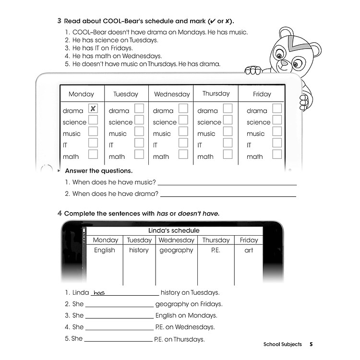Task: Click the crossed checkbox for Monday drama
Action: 93,109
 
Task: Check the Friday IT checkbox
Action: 277,143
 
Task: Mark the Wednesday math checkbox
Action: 183,155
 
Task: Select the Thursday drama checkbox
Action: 228,109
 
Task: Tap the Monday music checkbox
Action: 93,132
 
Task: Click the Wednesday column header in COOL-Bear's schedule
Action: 172,94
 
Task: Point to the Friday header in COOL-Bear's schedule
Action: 262,94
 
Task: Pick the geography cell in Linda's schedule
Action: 176,250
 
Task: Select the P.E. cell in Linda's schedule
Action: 216,250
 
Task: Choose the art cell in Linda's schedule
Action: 249,250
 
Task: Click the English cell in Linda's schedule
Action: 105,250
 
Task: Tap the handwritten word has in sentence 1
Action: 99,293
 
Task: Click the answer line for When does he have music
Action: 227,183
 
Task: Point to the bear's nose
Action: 284,63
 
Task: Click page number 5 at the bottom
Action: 311,344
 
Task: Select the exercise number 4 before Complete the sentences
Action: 60,213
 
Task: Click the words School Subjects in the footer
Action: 283,344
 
